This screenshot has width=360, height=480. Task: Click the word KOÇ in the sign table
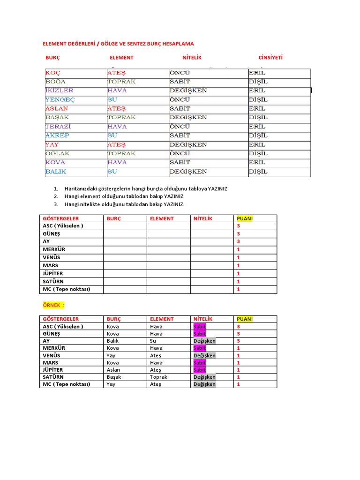click(x=53, y=73)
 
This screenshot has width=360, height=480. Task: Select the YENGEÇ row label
click(x=60, y=100)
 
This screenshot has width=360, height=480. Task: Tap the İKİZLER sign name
click(x=59, y=90)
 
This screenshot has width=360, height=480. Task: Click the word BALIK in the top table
click(x=56, y=172)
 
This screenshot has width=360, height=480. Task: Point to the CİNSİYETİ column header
click(x=270, y=58)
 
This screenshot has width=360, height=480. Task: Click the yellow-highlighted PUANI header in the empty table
click(x=245, y=218)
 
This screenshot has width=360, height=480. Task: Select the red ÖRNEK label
click(x=53, y=305)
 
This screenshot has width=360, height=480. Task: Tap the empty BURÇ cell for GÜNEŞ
click(x=125, y=234)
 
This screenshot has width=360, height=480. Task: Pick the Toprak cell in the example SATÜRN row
click(x=158, y=377)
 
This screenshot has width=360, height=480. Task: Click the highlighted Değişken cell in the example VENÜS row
click(x=204, y=355)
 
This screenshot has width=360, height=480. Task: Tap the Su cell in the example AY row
click(x=153, y=341)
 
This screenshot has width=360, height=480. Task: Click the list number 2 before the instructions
click(x=55, y=196)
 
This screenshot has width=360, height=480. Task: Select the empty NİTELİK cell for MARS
click(x=211, y=265)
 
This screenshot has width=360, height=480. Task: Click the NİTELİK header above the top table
click(x=192, y=58)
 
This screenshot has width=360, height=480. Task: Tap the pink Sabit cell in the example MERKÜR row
click(x=199, y=348)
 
